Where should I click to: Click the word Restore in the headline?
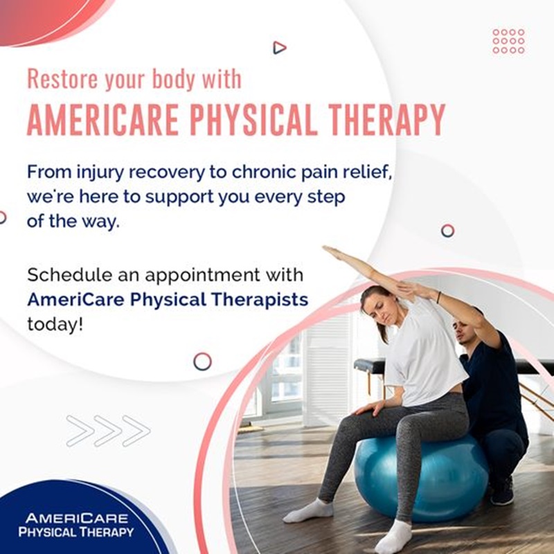[62, 79]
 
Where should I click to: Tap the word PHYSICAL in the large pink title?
[252, 119]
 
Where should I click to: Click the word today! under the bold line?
[55, 324]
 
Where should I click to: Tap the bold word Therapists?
[260, 300]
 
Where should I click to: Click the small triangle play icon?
[280, 48]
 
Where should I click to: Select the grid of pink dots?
[508, 42]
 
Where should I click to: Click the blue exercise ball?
[420, 478]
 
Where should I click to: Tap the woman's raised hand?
[334, 251]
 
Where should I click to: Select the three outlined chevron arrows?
[108, 431]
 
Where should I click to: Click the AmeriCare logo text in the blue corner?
[76, 525]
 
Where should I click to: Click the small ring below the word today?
[202, 361]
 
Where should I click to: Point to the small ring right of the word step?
[447, 231]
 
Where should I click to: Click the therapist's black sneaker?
[501, 491]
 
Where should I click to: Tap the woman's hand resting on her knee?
[369, 409]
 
